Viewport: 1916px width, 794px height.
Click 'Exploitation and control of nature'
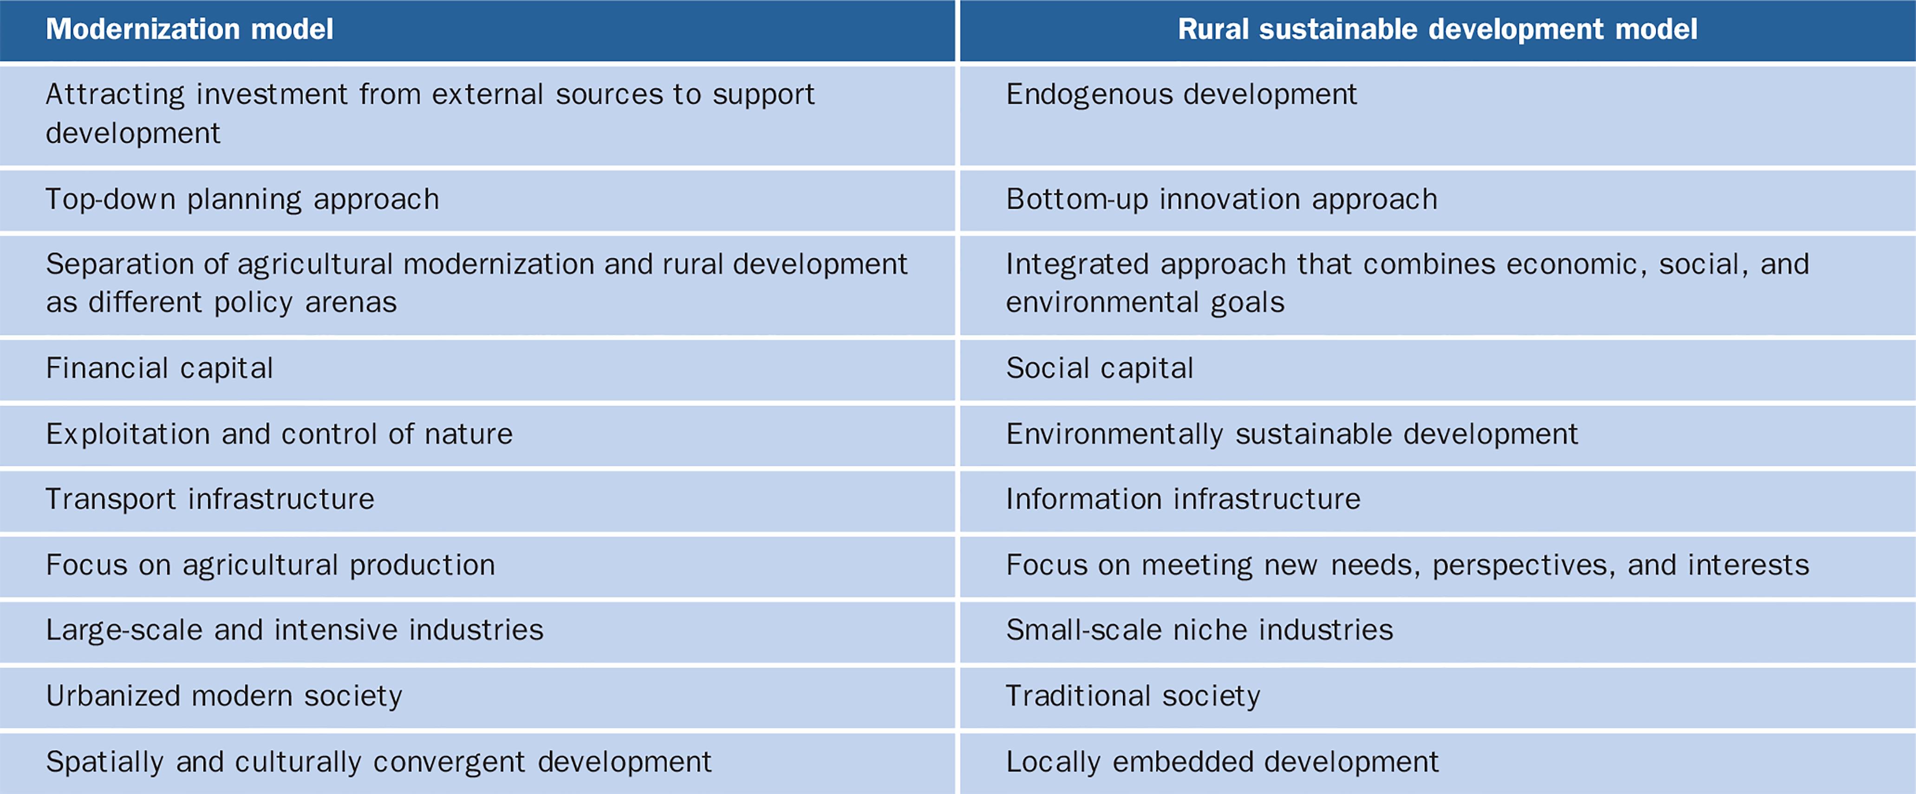pyautogui.click(x=279, y=434)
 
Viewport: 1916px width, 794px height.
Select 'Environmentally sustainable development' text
pyautogui.click(x=1292, y=434)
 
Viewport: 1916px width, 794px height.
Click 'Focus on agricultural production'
pyautogui.click(x=270, y=566)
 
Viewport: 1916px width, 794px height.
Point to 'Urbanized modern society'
pyautogui.click(x=224, y=696)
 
